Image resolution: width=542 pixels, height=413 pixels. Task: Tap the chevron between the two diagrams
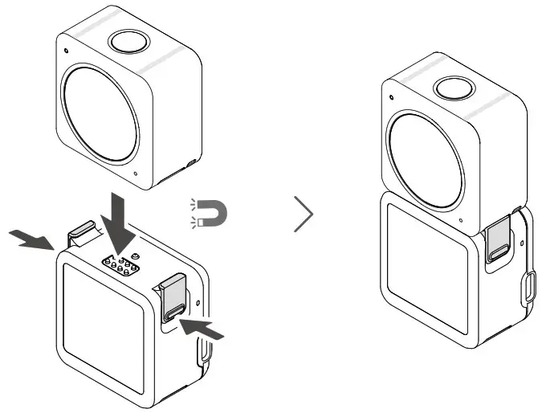[304, 215]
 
